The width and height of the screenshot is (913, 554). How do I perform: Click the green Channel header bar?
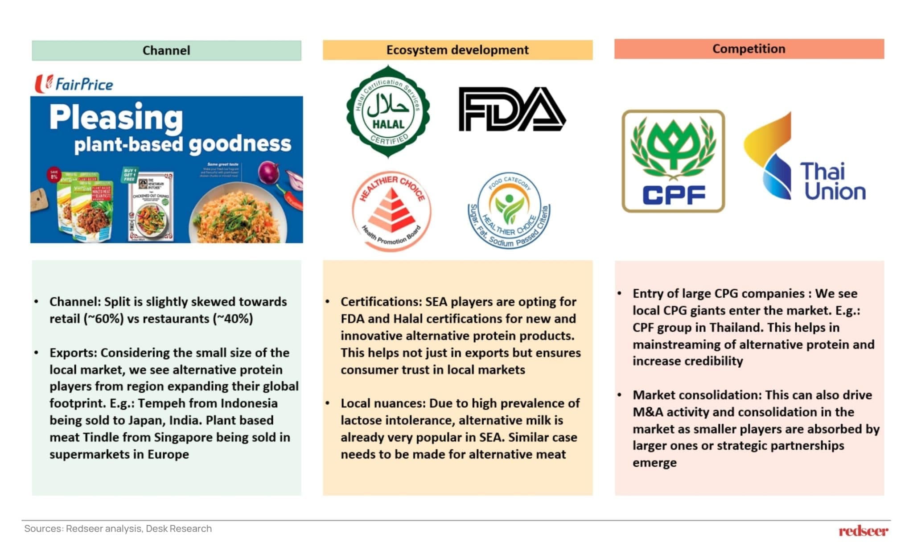click(x=166, y=50)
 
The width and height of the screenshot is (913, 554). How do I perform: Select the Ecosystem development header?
click(x=457, y=50)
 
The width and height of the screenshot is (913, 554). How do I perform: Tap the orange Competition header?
click(x=749, y=49)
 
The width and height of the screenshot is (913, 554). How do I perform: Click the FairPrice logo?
click(x=74, y=84)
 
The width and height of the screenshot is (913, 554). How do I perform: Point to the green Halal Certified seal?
click(x=388, y=111)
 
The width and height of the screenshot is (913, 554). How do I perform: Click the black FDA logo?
click(x=512, y=109)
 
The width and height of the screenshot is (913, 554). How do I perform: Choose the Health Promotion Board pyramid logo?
click(x=391, y=211)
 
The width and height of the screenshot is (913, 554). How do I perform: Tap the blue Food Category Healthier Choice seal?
click(x=509, y=210)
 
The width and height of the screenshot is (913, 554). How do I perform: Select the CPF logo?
click(x=673, y=161)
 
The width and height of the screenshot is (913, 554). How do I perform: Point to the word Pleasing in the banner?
click(x=116, y=117)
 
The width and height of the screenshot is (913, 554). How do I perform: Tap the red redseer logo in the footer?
click(x=863, y=531)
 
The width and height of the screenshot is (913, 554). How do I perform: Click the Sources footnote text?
click(x=118, y=529)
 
